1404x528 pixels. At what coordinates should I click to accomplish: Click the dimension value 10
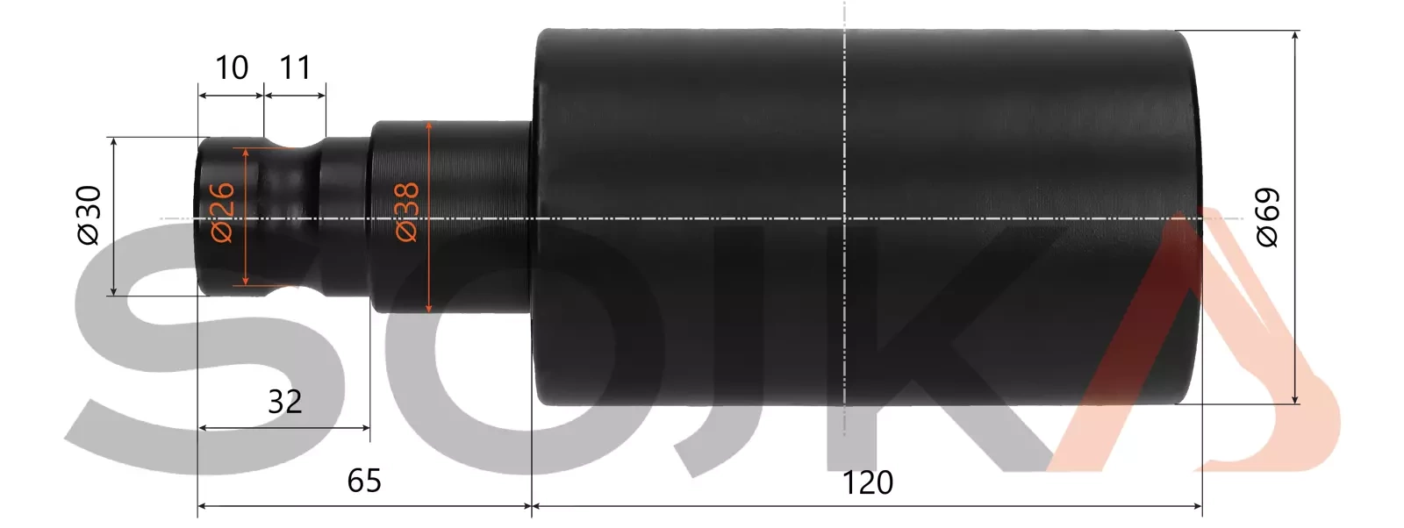232,68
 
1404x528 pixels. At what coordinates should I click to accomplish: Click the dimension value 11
295,68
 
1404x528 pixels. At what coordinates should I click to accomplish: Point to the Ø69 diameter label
1267,218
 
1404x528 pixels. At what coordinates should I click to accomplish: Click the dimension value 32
284,402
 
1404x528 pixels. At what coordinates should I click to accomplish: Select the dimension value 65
364,482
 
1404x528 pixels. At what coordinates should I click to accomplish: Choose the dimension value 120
867,482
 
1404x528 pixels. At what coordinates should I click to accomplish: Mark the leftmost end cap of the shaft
215,263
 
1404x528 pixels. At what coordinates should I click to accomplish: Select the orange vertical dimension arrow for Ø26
246,254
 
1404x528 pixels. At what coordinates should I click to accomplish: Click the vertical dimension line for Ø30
113,263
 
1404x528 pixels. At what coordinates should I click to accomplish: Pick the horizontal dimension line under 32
284,428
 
